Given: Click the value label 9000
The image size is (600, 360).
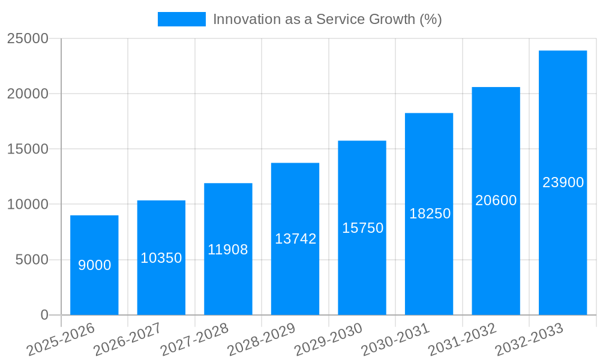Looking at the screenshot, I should [94, 265].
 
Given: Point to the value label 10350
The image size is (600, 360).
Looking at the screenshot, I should [161, 258].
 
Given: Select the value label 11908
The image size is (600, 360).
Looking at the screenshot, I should [228, 250].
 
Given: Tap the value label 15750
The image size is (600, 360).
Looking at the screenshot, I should [362, 228].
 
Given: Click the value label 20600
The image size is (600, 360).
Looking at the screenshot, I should [496, 200].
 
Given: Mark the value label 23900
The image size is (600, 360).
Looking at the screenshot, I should [563, 182].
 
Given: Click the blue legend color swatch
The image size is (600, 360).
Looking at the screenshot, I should [181, 19].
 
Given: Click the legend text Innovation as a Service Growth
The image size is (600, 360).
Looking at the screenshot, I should [327, 19].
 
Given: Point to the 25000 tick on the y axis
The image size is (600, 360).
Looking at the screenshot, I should [28, 38].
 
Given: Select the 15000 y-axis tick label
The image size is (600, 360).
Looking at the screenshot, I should [28, 149].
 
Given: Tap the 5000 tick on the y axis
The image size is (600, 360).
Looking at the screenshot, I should [32, 260].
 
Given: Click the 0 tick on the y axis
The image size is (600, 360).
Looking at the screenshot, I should [44, 315].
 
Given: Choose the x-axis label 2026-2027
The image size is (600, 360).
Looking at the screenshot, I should [127, 339].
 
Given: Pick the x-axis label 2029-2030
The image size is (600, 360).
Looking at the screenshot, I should [329, 339].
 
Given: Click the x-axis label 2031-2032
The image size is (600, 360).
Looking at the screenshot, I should [463, 339].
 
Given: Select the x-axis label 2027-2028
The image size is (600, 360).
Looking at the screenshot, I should [194, 339].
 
